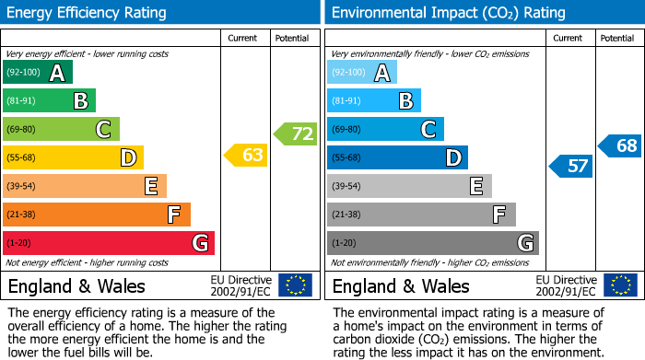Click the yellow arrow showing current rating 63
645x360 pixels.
[247, 156]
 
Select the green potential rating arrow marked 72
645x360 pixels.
[296, 134]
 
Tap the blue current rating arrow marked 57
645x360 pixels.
[572, 167]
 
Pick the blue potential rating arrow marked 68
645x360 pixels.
[621, 145]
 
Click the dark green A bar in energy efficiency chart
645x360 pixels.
[38, 73]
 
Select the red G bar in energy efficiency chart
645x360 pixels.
[109, 243]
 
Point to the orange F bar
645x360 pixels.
[97, 215]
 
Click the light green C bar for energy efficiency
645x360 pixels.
[61, 130]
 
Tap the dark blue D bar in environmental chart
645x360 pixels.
[397, 157]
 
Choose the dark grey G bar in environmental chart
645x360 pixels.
[432, 243]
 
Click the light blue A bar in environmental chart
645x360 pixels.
[361, 73]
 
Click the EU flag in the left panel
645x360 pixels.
[295, 285]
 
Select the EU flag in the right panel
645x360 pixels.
[620, 285]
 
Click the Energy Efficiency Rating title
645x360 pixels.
[88, 13]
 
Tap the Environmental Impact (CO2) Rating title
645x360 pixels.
[449, 13]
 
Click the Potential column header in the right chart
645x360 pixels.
[617, 38]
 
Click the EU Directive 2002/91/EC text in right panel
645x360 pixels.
[566, 285]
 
